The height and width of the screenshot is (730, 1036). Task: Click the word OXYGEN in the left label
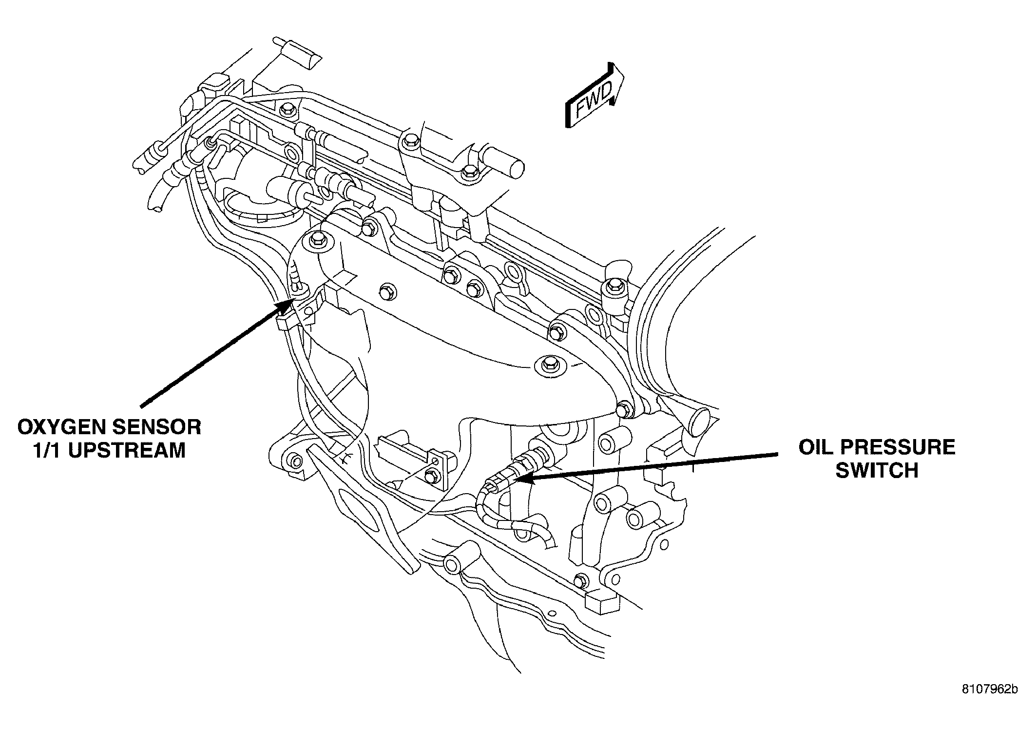(62, 427)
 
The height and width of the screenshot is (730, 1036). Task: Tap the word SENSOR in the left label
(156, 427)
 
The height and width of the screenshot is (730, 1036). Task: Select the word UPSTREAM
(128, 450)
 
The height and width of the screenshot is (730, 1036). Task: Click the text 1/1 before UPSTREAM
(49, 450)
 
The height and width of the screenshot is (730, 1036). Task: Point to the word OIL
(818, 447)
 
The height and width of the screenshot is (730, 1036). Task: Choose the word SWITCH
(877, 471)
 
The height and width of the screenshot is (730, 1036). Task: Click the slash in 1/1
(49, 450)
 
